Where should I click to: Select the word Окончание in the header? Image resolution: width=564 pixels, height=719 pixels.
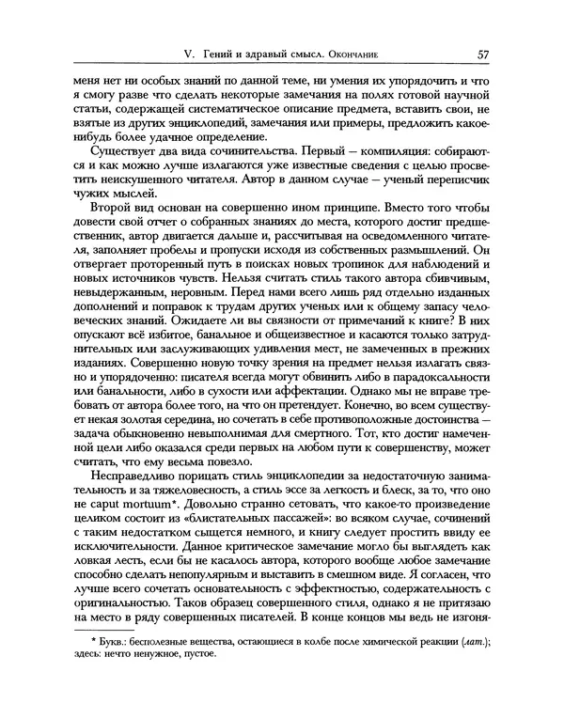click(375, 55)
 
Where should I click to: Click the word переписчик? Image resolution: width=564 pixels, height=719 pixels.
click(455, 190)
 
